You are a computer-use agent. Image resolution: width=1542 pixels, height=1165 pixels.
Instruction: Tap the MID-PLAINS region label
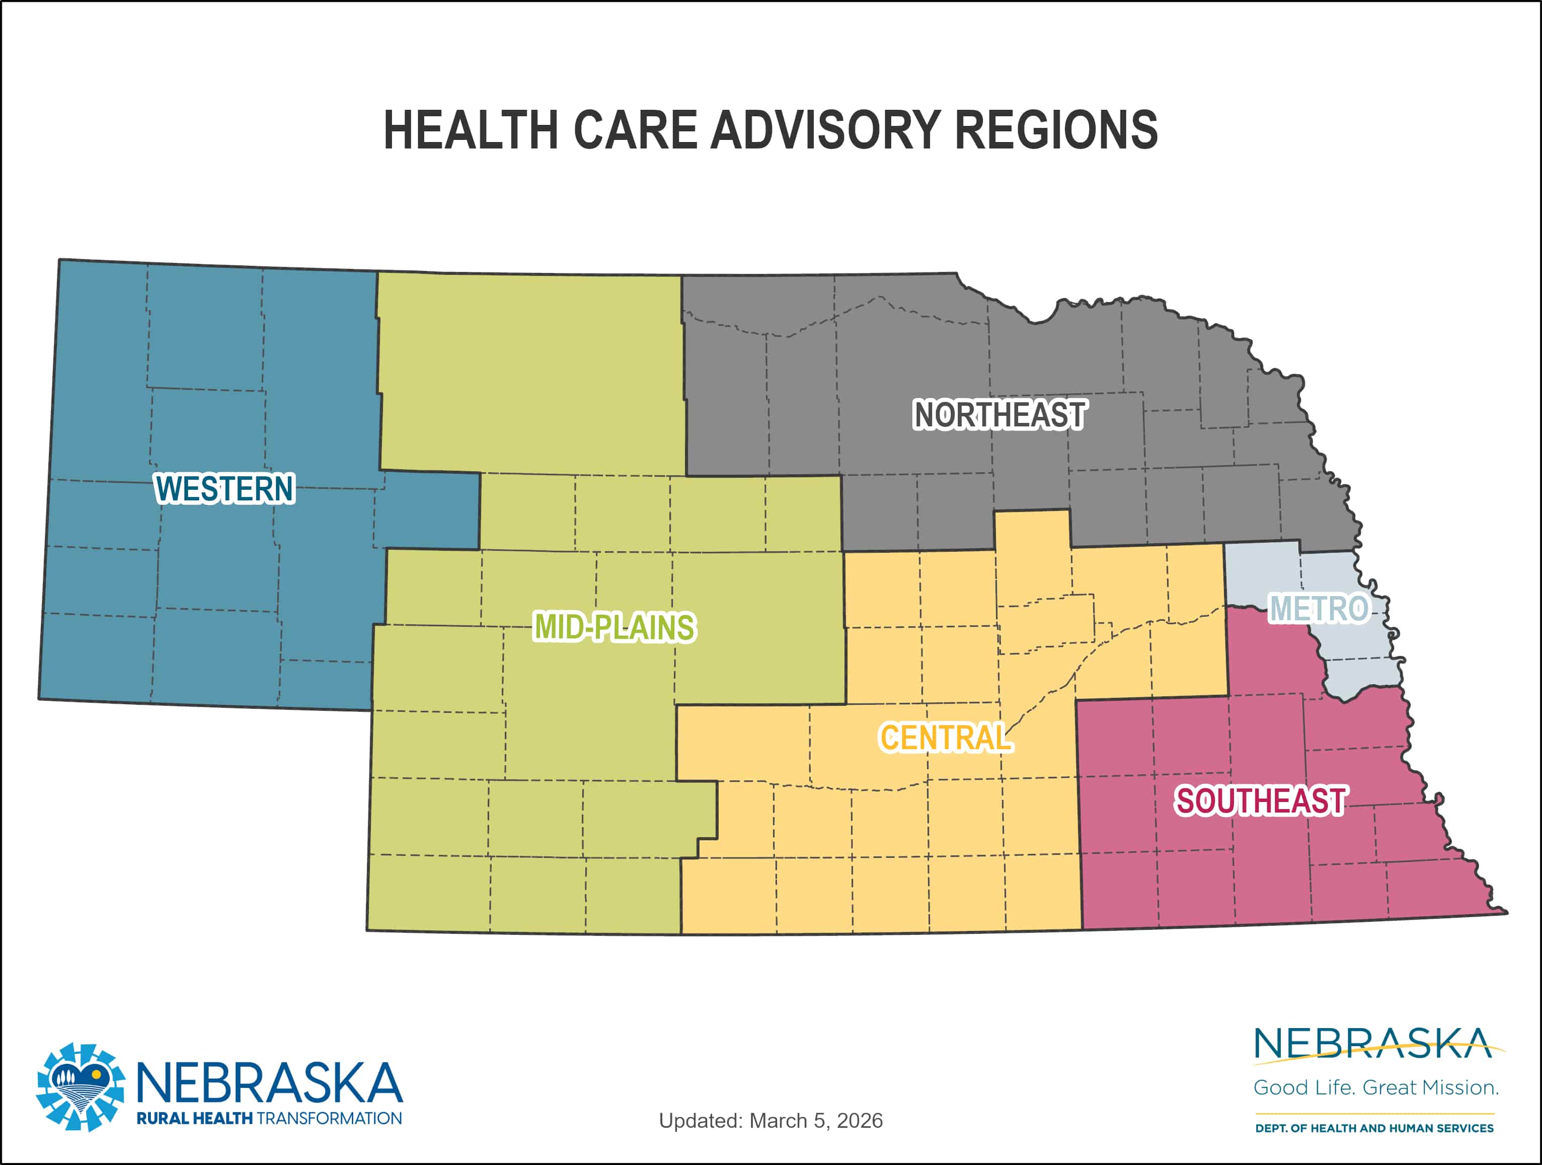[613, 626]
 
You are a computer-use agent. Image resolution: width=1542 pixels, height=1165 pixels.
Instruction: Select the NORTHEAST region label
[999, 415]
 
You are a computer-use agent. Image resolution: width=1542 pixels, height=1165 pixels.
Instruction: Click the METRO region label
[1318, 608]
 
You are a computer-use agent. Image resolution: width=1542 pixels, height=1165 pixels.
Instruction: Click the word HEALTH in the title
[471, 130]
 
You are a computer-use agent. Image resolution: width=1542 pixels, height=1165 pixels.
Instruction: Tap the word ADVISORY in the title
[825, 130]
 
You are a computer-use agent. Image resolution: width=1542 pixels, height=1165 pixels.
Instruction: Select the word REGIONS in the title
[1056, 130]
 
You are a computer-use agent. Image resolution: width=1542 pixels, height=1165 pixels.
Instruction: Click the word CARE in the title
[635, 130]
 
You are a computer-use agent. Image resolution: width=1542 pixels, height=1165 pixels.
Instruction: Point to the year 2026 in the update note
[860, 1120]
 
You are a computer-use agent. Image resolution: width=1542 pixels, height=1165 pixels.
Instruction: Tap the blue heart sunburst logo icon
[81, 1087]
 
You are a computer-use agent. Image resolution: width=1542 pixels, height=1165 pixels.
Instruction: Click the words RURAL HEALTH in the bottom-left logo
[194, 1118]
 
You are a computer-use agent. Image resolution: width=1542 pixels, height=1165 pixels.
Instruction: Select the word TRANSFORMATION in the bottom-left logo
[329, 1118]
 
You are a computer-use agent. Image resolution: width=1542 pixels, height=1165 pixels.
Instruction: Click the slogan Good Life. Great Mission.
[1375, 1087]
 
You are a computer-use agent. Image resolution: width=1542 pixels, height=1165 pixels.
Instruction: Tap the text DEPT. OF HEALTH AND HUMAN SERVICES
[1374, 1127]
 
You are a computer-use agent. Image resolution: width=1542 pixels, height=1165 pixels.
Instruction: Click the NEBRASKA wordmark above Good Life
[1372, 1044]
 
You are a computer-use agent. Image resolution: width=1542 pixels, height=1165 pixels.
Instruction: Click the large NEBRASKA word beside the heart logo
[269, 1083]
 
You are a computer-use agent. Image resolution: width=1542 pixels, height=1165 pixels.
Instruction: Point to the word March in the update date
[775, 1120]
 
